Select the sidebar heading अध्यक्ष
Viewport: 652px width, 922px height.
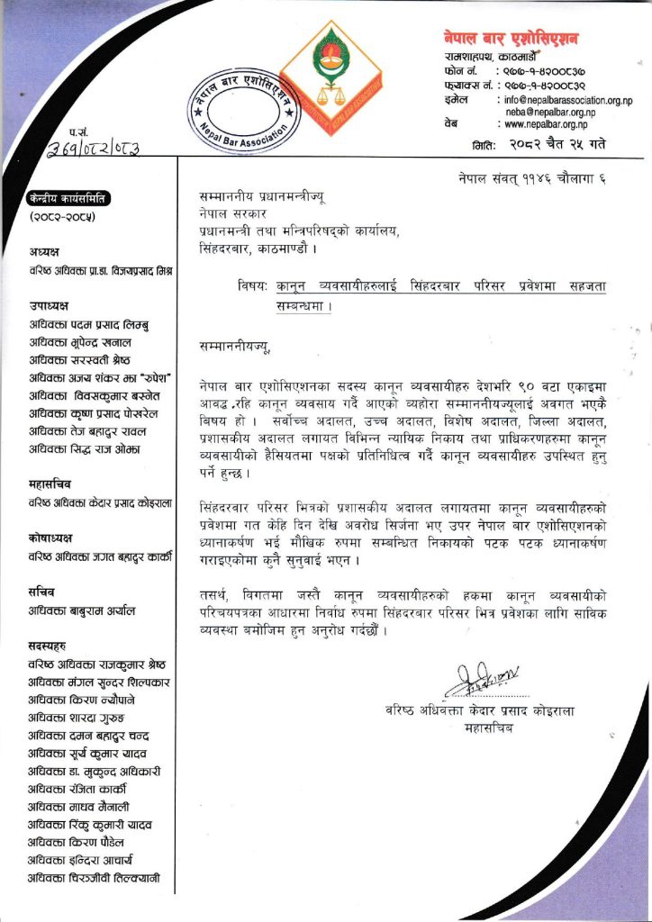pyautogui.click(x=45, y=253)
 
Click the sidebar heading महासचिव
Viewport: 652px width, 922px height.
pyautogui.click(x=50, y=484)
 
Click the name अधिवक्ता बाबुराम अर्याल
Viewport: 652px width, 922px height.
pyautogui.click(x=82, y=610)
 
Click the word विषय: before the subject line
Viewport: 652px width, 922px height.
pyautogui.click(x=253, y=285)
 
